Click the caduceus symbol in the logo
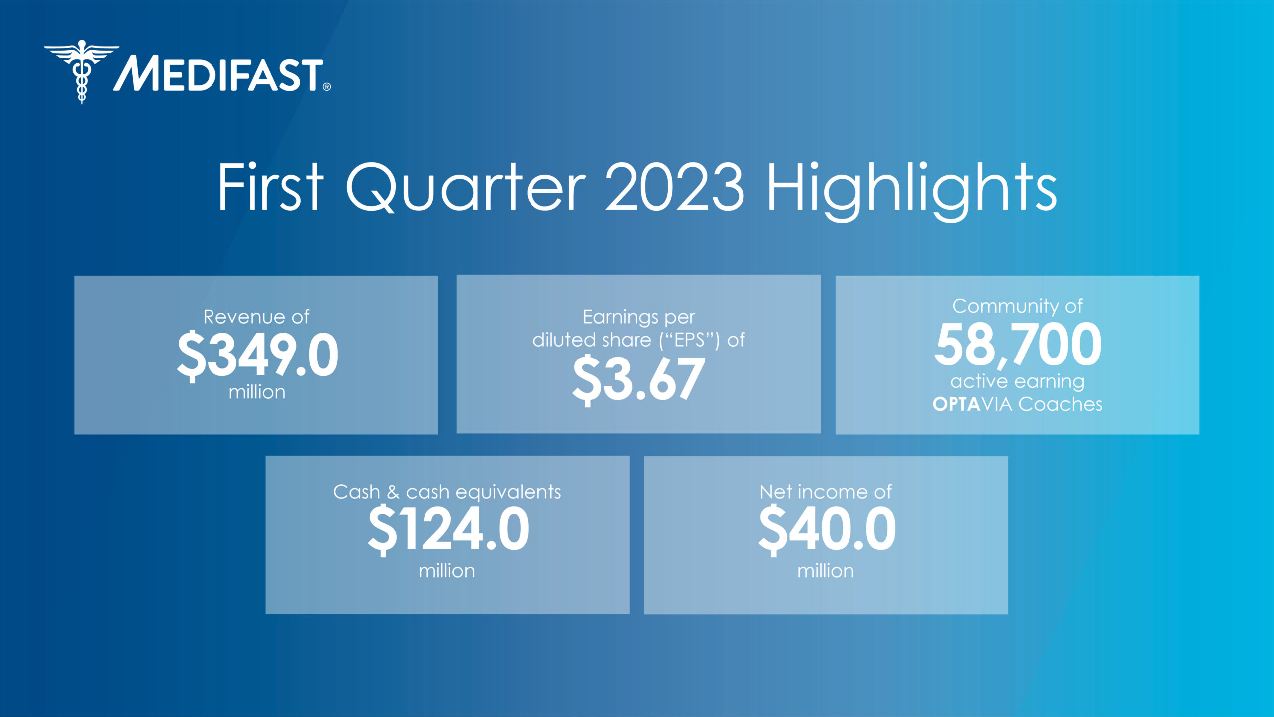[82, 71]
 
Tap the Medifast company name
[219, 74]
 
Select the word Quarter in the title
[466, 187]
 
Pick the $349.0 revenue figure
[258, 355]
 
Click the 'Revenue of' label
[256, 317]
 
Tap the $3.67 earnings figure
[638, 379]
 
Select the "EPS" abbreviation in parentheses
[689, 340]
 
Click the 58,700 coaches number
[1018, 344]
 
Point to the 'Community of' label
[1017, 306]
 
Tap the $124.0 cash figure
[448, 529]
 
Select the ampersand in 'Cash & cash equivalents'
[393, 492]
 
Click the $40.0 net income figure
[827, 529]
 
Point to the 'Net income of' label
[826, 492]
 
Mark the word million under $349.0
[257, 392]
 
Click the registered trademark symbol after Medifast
[327, 87]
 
